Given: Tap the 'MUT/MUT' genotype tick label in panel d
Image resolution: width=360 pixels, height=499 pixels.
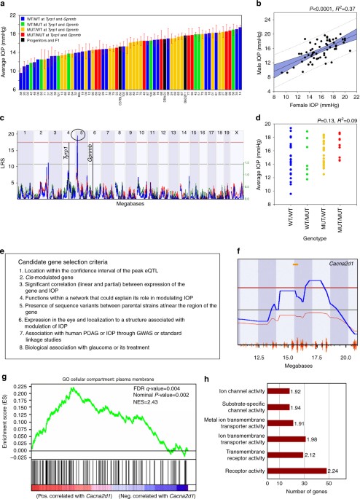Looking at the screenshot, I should (x=339, y=211).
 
